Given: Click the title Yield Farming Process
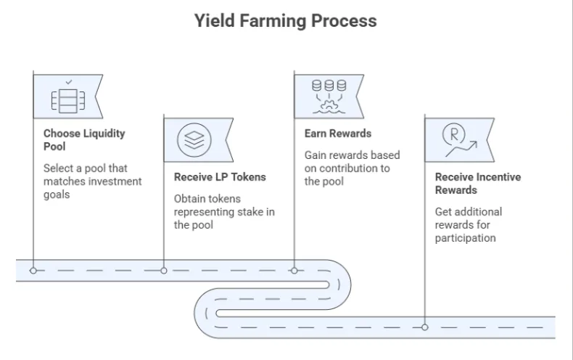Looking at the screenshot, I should click(x=286, y=20).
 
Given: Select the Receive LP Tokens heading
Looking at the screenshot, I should click(x=220, y=176).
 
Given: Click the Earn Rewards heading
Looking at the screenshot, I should click(x=337, y=134).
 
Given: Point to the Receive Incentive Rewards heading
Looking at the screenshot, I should click(x=477, y=183).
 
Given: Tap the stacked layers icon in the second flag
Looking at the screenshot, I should click(x=194, y=139).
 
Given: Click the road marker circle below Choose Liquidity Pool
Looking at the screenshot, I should click(x=33, y=270).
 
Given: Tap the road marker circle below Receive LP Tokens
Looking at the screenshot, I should click(x=164, y=270).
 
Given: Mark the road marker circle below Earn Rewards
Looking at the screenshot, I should click(x=294, y=270).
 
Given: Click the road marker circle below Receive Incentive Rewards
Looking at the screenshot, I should click(x=425, y=327).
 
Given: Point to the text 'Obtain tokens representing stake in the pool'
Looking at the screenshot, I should click(x=223, y=211).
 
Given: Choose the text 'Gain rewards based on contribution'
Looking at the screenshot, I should click(x=351, y=168).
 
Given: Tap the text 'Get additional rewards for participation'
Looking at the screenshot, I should click(x=468, y=224).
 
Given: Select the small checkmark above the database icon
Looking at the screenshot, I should click(x=68, y=82).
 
